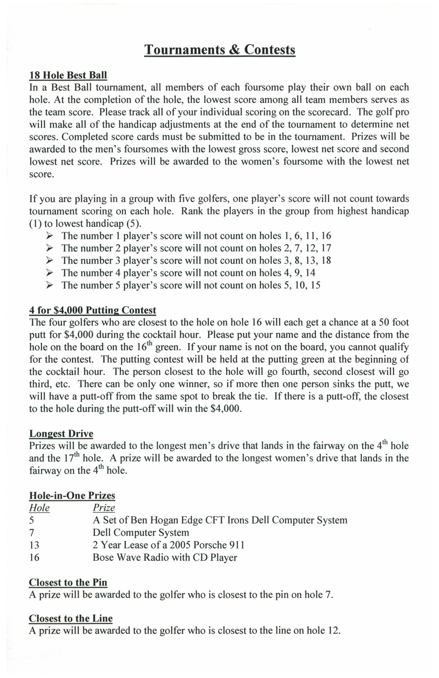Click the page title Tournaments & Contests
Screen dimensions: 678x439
(220, 50)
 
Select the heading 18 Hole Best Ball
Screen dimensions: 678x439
(68, 75)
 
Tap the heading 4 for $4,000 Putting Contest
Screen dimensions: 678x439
(93, 310)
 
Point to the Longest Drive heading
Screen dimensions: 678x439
(61, 434)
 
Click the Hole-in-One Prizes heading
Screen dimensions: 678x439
(72, 496)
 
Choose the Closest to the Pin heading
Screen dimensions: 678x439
(68, 582)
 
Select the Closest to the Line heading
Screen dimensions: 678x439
(71, 618)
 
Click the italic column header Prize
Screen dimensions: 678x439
(104, 508)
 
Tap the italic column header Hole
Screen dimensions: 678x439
(39, 508)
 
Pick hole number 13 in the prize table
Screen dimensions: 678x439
(34, 545)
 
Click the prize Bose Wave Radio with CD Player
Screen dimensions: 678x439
(165, 558)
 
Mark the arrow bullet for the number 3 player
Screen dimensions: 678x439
(50, 260)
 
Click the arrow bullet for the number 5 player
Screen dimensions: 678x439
(50, 285)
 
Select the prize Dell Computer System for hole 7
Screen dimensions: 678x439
(140, 533)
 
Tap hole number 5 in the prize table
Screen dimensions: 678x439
(32, 521)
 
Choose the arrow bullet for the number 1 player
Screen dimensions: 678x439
(50, 236)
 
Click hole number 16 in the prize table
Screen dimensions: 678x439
(34, 558)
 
